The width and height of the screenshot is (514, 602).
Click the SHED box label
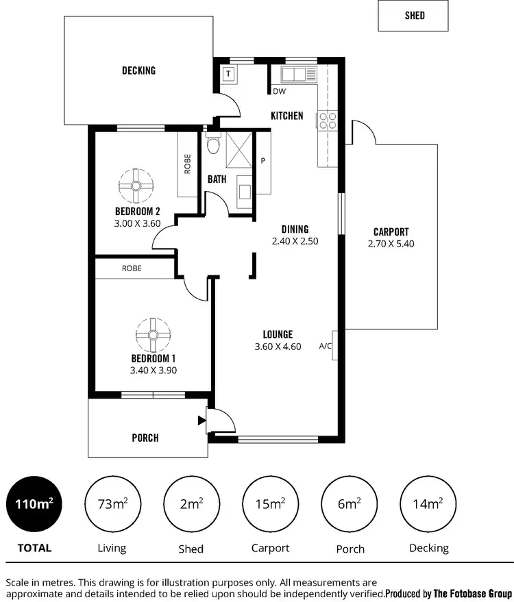(414, 15)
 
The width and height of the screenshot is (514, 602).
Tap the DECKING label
(138, 70)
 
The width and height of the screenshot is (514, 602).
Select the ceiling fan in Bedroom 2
(136, 185)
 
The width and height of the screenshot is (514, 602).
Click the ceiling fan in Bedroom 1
(153, 335)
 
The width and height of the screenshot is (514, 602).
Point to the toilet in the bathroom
(213, 145)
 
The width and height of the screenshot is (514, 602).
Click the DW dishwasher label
(279, 91)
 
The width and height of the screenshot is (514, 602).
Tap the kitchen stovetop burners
(327, 121)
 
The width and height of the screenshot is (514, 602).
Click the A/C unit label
(326, 346)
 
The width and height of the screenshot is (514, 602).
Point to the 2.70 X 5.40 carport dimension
(391, 243)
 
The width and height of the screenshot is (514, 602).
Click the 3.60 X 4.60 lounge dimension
(278, 347)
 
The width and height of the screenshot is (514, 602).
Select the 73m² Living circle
(112, 504)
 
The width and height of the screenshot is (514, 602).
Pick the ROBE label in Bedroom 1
(132, 268)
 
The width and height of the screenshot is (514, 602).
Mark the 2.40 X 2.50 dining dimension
(295, 241)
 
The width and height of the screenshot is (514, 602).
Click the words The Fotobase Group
(473, 593)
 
